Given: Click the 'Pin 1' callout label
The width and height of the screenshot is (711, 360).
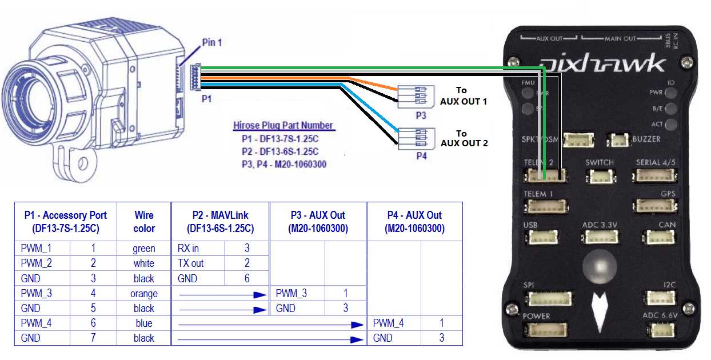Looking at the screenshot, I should pos(211,42).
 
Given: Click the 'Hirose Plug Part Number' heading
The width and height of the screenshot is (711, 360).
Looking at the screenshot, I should pos(283,125).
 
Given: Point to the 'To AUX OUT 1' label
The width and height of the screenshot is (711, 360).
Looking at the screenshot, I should pos(464,95).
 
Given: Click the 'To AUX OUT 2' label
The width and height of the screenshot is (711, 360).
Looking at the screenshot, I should pos(464,137).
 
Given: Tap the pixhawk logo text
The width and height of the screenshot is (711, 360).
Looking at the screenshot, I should pos(602,63).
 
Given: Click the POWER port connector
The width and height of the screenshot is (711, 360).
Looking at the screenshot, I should pos(546,330).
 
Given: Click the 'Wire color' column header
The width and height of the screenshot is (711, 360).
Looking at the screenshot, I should pos(144,222).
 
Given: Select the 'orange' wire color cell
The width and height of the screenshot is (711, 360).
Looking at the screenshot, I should pos(144,294).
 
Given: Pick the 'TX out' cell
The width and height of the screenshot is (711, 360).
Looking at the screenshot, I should pos(191,263).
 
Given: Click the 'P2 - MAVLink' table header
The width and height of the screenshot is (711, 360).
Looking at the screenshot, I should pos(220,222).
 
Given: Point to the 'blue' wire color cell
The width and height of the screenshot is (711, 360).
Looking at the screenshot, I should pos(144,323).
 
